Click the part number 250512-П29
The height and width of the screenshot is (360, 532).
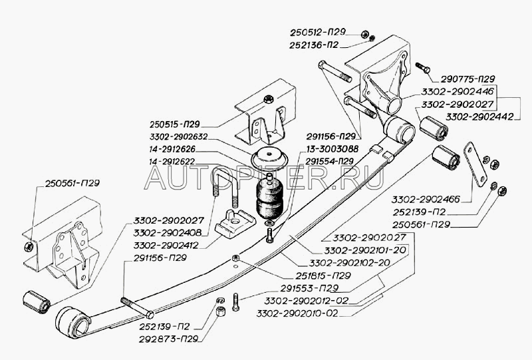coord(318,33)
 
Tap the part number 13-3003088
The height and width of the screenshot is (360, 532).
coord(329,149)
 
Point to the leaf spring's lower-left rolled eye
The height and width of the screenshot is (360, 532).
coord(74,322)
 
